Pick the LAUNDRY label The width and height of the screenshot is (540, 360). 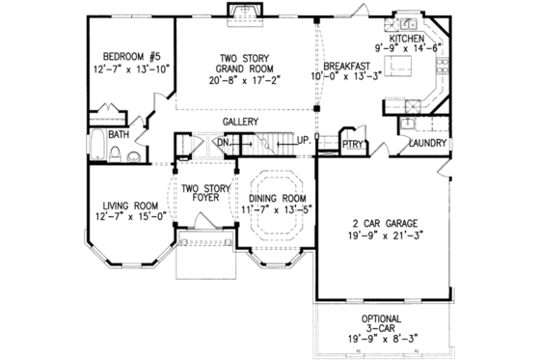point(426,143)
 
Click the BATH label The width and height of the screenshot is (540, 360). point(119,135)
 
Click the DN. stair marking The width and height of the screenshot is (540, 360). point(220,142)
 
